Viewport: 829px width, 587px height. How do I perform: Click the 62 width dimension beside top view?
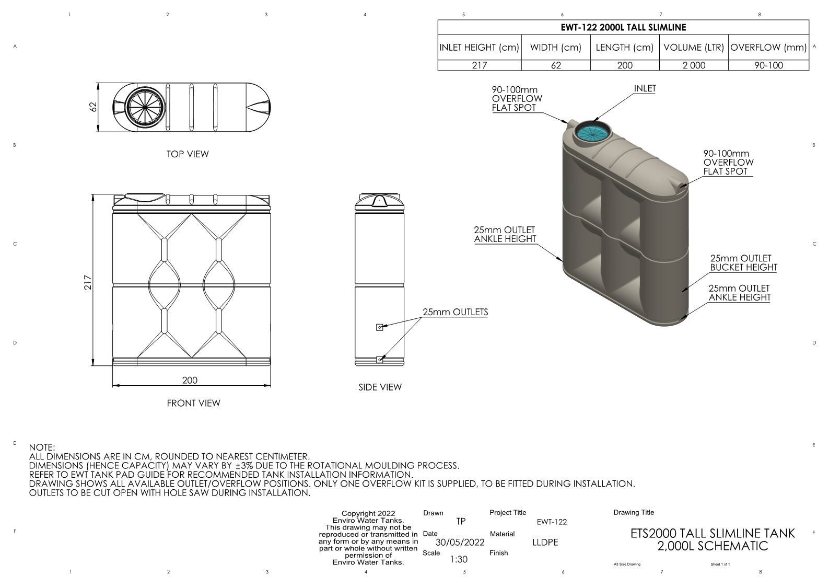(94, 107)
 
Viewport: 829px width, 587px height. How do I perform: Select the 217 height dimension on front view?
(88, 282)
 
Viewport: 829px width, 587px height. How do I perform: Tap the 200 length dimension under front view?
(190, 380)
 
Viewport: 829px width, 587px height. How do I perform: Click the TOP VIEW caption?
(188, 154)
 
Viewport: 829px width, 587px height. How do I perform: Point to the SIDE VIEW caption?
(380, 387)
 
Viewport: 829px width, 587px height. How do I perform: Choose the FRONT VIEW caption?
(194, 403)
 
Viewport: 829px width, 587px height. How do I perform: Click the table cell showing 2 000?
(694, 65)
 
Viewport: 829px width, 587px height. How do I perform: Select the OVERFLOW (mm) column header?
(768, 48)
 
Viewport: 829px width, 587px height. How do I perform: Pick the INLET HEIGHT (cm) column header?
(479, 48)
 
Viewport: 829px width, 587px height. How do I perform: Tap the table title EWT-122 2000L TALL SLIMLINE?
(623, 27)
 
